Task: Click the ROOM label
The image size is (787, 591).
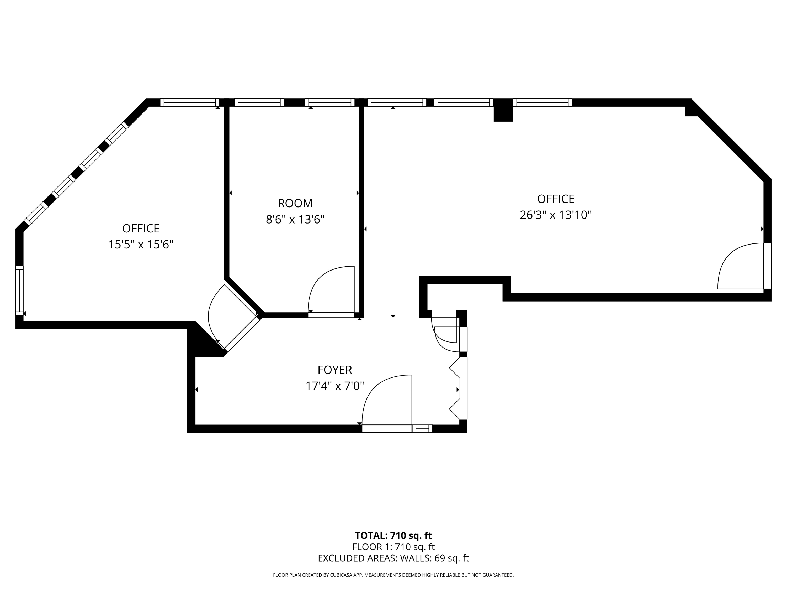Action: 295,203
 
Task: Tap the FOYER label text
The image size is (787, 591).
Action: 334,370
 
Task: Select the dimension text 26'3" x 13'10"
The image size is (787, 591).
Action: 555,215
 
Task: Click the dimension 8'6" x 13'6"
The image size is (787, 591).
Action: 295,219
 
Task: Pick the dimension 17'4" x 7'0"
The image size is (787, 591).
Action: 334,386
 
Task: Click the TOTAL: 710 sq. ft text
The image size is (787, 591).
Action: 393,535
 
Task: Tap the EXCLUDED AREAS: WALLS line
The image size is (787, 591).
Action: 393,558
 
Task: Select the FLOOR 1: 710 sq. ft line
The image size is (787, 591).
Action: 393,547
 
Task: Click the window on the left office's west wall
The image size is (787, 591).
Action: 19,291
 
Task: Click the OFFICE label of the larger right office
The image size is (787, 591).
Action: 555,199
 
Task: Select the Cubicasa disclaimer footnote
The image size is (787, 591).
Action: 393,575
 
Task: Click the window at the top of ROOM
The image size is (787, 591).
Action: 330,103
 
